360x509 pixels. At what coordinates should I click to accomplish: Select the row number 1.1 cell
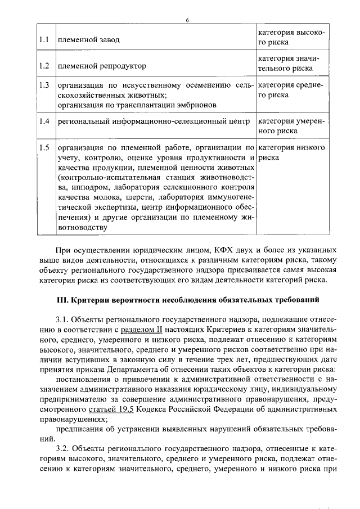tap(44, 40)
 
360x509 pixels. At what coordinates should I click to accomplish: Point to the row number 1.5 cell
tap(44, 147)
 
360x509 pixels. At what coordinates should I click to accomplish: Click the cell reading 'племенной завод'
tap(88, 40)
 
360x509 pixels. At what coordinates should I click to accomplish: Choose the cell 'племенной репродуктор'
tap(102, 66)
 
